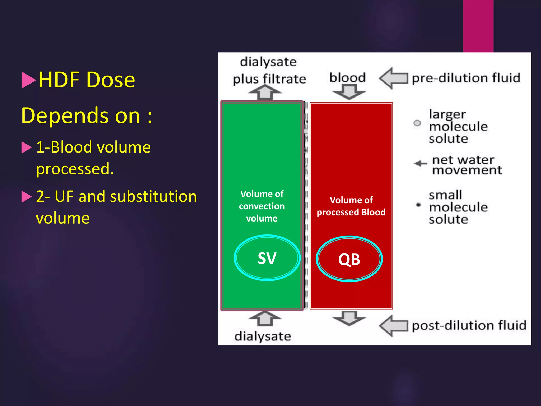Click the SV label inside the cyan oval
[267, 258]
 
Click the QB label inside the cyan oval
[349, 259]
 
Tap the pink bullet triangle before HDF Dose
[29, 80]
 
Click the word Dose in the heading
[111, 80]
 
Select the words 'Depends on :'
[87, 116]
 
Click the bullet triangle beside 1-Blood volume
[26, 147]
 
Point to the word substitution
[153, 197]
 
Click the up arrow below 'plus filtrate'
[265, 92]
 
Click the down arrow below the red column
[349, 318]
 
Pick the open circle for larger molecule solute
[417, 123]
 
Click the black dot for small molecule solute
[418, 205]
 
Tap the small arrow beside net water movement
[420, 163]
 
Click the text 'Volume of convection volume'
[262, 206]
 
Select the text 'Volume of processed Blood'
[351, 206]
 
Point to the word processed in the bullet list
[75, 169]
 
